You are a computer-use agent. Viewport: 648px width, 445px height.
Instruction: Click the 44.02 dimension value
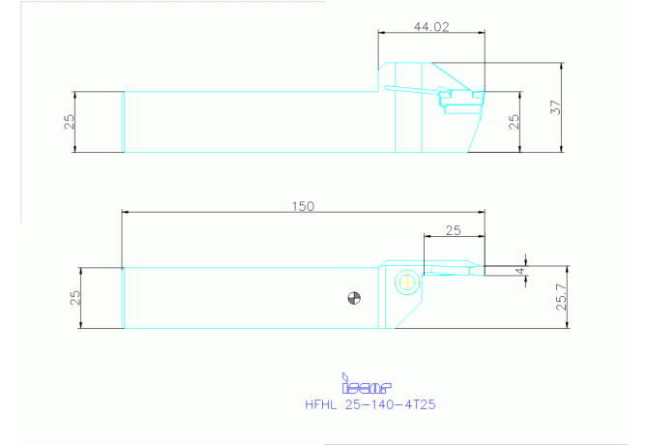[431, 27]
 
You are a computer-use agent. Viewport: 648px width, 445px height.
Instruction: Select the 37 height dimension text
[556, 107]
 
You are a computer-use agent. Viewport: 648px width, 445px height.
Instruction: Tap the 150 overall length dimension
[303, 206]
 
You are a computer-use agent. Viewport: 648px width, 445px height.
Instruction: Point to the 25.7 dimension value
[562, 297]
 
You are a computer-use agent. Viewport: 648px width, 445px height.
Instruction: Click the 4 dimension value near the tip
[520, 271]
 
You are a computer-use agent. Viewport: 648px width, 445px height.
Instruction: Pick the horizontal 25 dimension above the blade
[453, 230]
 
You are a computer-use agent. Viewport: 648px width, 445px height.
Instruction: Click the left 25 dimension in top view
[70, 122]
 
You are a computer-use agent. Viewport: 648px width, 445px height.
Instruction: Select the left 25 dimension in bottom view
[74, 298]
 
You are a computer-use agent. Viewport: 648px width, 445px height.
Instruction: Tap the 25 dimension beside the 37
[514, 122]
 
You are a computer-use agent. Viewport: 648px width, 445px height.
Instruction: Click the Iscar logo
[367, 384]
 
